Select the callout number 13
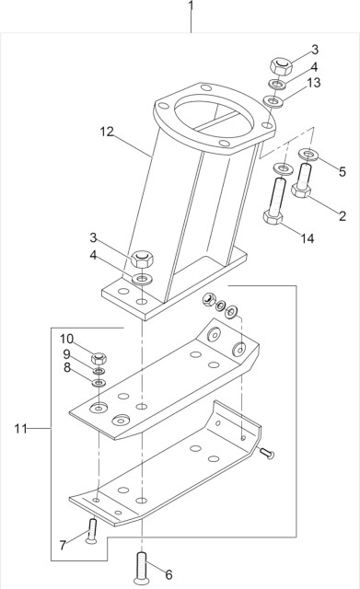315,84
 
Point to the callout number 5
343,170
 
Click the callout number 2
342,217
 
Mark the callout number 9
66,353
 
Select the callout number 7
63,545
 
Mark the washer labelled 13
273,99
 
